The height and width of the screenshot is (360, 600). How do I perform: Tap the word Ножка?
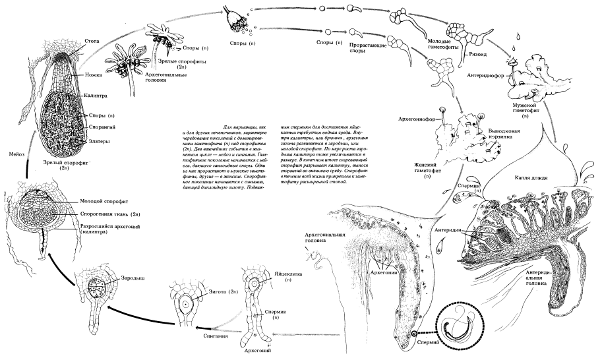94,76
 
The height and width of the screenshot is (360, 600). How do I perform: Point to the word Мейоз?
13,154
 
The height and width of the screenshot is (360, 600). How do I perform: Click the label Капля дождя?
527,178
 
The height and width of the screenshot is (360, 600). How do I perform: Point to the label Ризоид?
475,55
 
